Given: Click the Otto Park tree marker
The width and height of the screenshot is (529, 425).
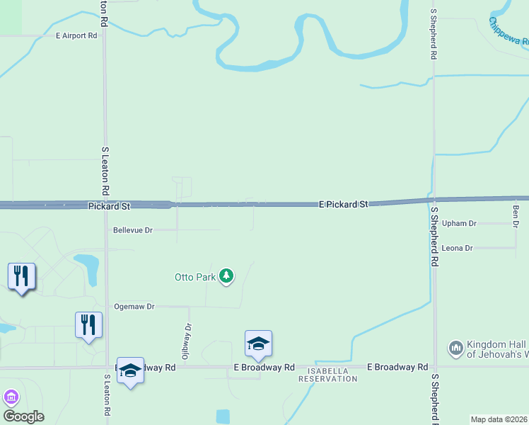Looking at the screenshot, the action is (x=226, y=276).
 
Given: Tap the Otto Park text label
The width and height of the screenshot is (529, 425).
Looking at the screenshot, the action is (x=195, y=277).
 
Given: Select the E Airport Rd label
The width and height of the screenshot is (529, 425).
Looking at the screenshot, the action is (x=76, y=35).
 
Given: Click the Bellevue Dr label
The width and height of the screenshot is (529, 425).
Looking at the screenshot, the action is (x=133, y=230).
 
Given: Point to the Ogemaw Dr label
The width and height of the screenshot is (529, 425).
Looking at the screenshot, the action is (x=134, y=307).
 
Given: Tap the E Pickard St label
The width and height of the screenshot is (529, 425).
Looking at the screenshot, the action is (x=344, y=204).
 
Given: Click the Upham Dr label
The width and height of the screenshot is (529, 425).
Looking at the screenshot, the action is (x=459, y=223).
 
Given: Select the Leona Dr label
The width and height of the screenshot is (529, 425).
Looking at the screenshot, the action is (x=457, y=248).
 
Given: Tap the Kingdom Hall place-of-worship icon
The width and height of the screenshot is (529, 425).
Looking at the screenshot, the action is (x=456, y=348).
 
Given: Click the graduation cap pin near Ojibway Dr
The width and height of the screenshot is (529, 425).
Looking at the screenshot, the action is (x=258, y=344).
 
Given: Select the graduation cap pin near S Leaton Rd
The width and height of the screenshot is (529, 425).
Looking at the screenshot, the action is (x=130, y=370).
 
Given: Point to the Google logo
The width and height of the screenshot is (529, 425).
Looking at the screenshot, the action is (x=23, y=416).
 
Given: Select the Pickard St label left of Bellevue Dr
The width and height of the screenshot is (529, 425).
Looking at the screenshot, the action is (x=110, y=206).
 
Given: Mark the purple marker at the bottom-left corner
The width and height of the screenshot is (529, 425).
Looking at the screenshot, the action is (x=10, y=397).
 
